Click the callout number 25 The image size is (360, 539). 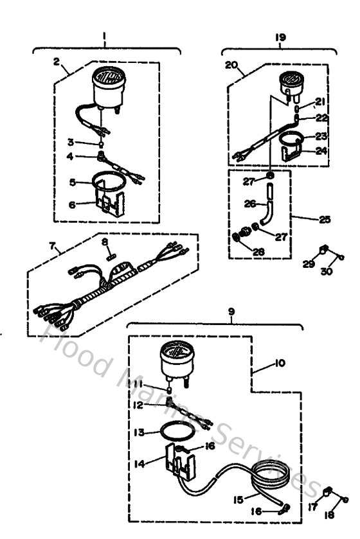(x=325, y=219)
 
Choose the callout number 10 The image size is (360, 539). (x=279, y=362)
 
